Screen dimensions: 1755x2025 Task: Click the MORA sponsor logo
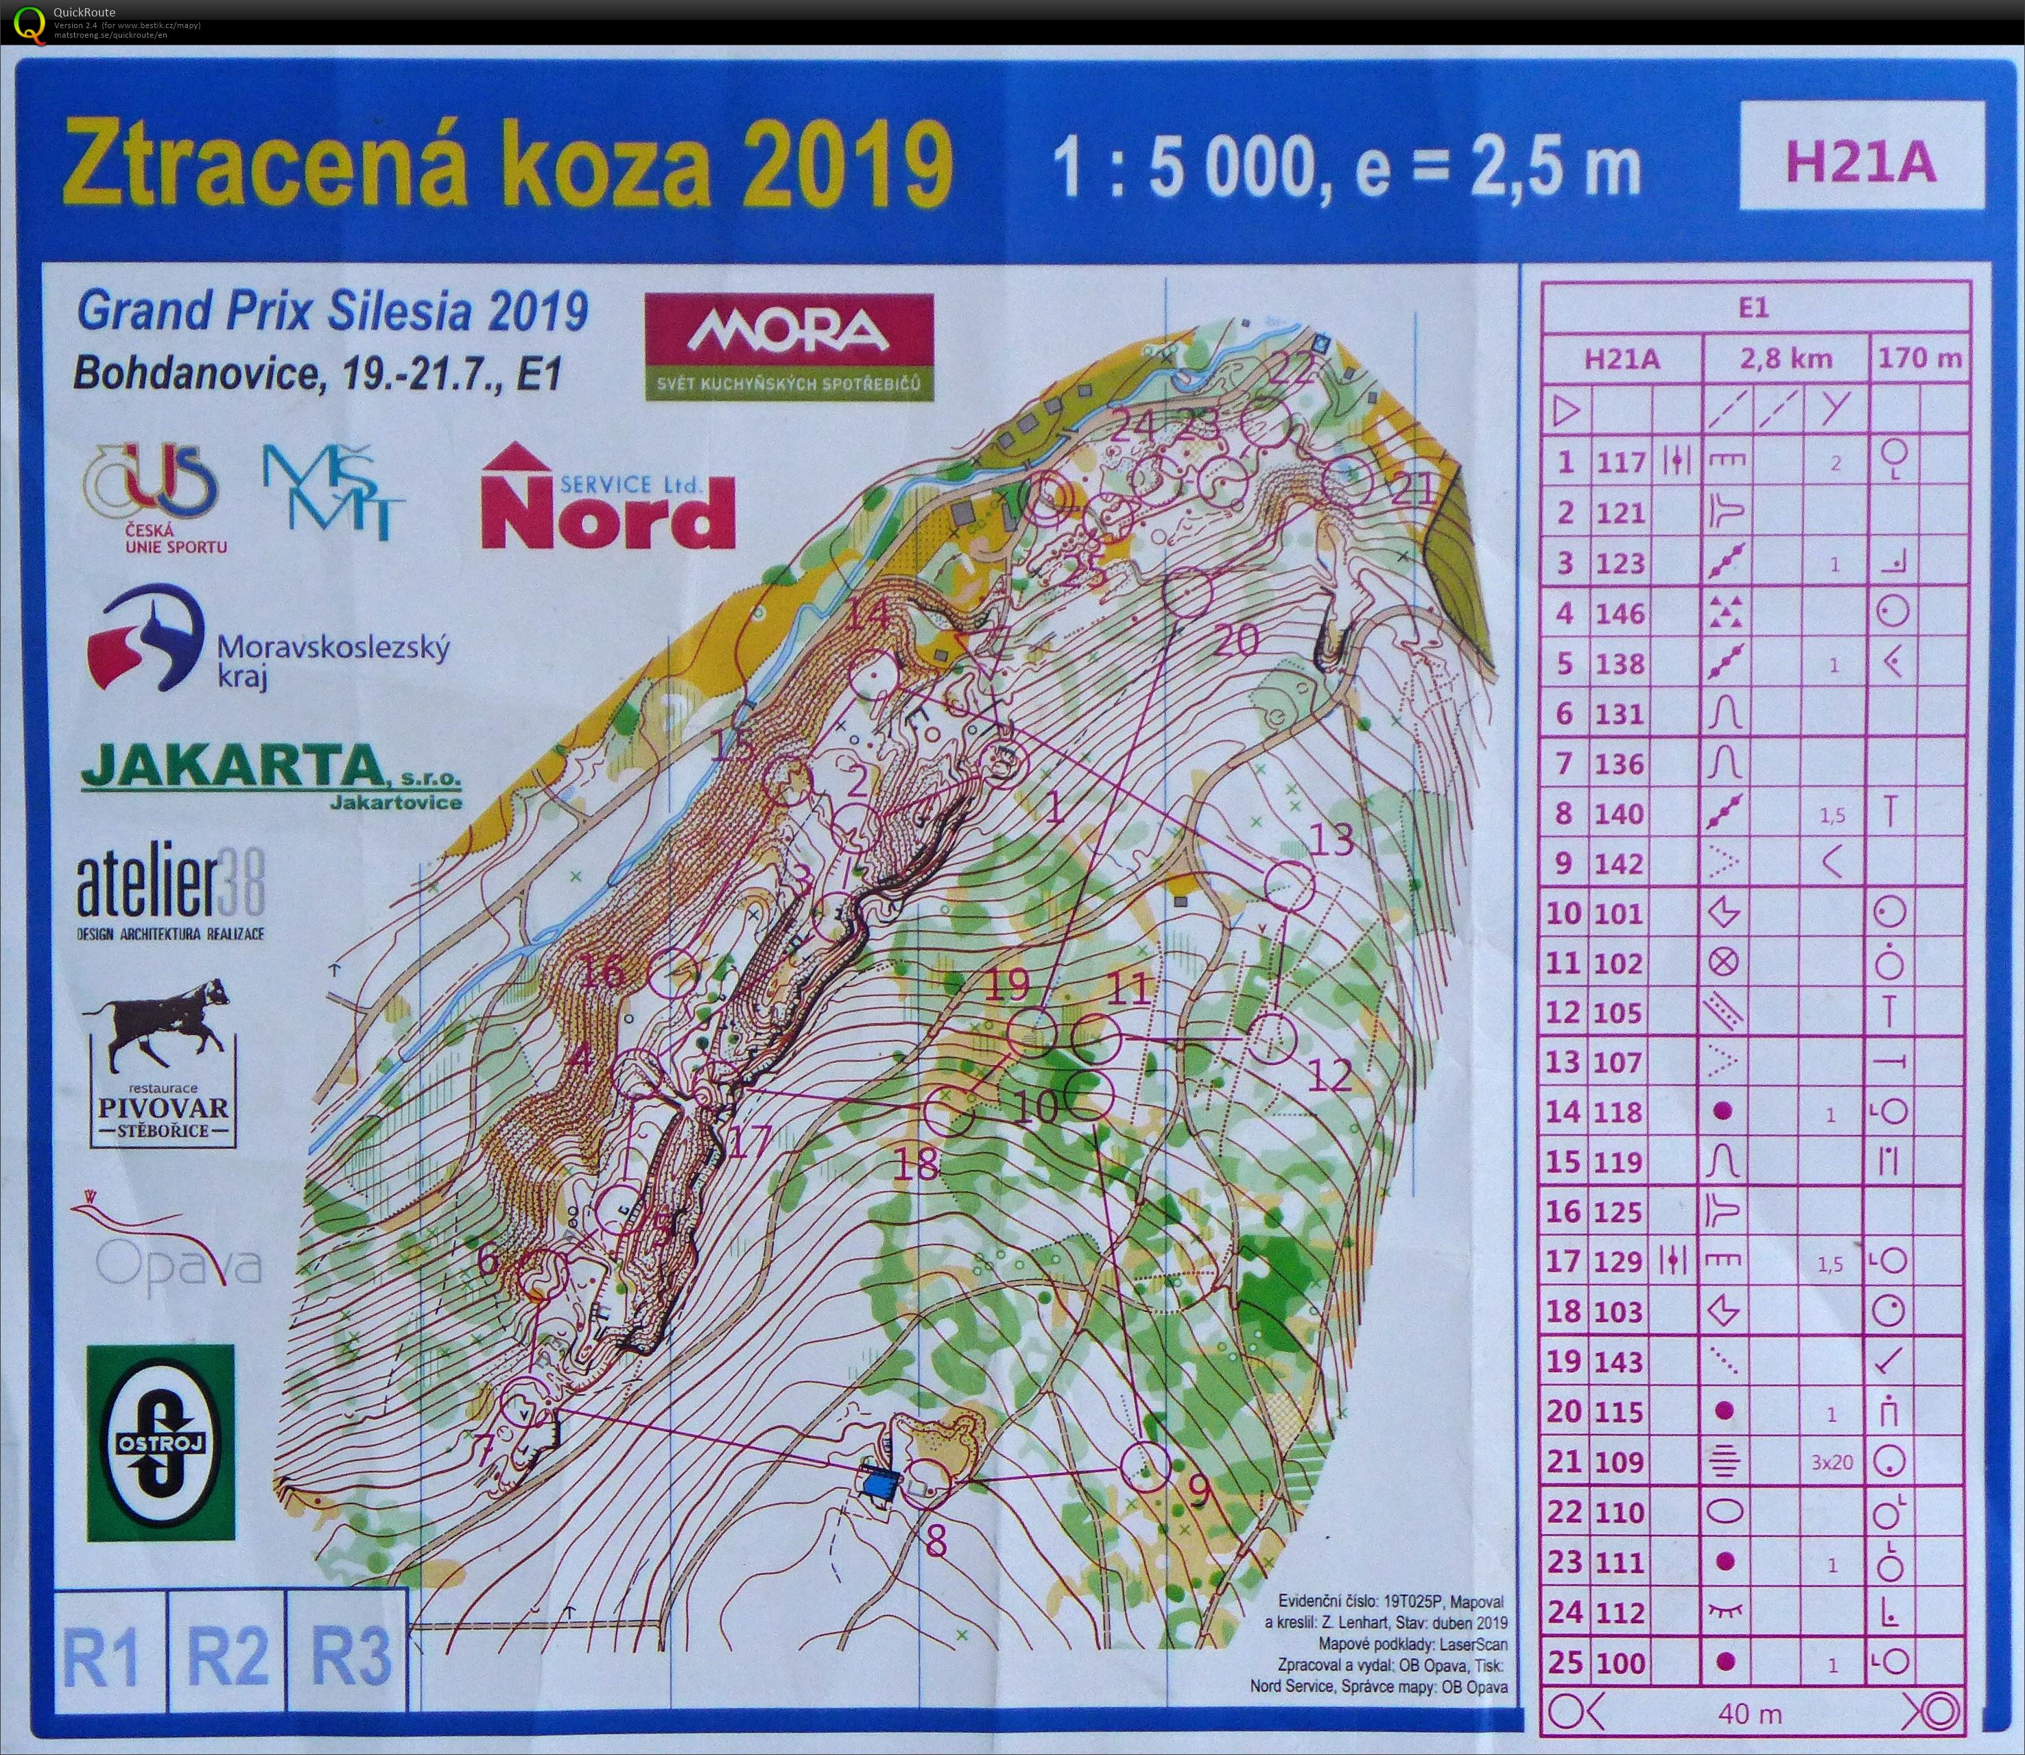(x=789, y=348)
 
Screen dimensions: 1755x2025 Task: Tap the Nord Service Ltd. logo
(x=607, y=497)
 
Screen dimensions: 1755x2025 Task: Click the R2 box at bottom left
(x=226, y=1654)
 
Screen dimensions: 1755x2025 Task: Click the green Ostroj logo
(x=161, y=1442)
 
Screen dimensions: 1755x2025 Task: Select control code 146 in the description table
(x=1620, y=614)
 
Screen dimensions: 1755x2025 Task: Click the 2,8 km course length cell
(x=1786, y=359)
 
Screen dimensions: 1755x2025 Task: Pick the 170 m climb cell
(x=1920, y=359)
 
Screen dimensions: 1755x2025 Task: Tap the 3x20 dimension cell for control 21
(x=1831, y=1462)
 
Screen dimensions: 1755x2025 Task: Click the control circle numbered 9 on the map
(x=1146, y=1466)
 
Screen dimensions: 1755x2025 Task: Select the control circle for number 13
(x=1289, y=886)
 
